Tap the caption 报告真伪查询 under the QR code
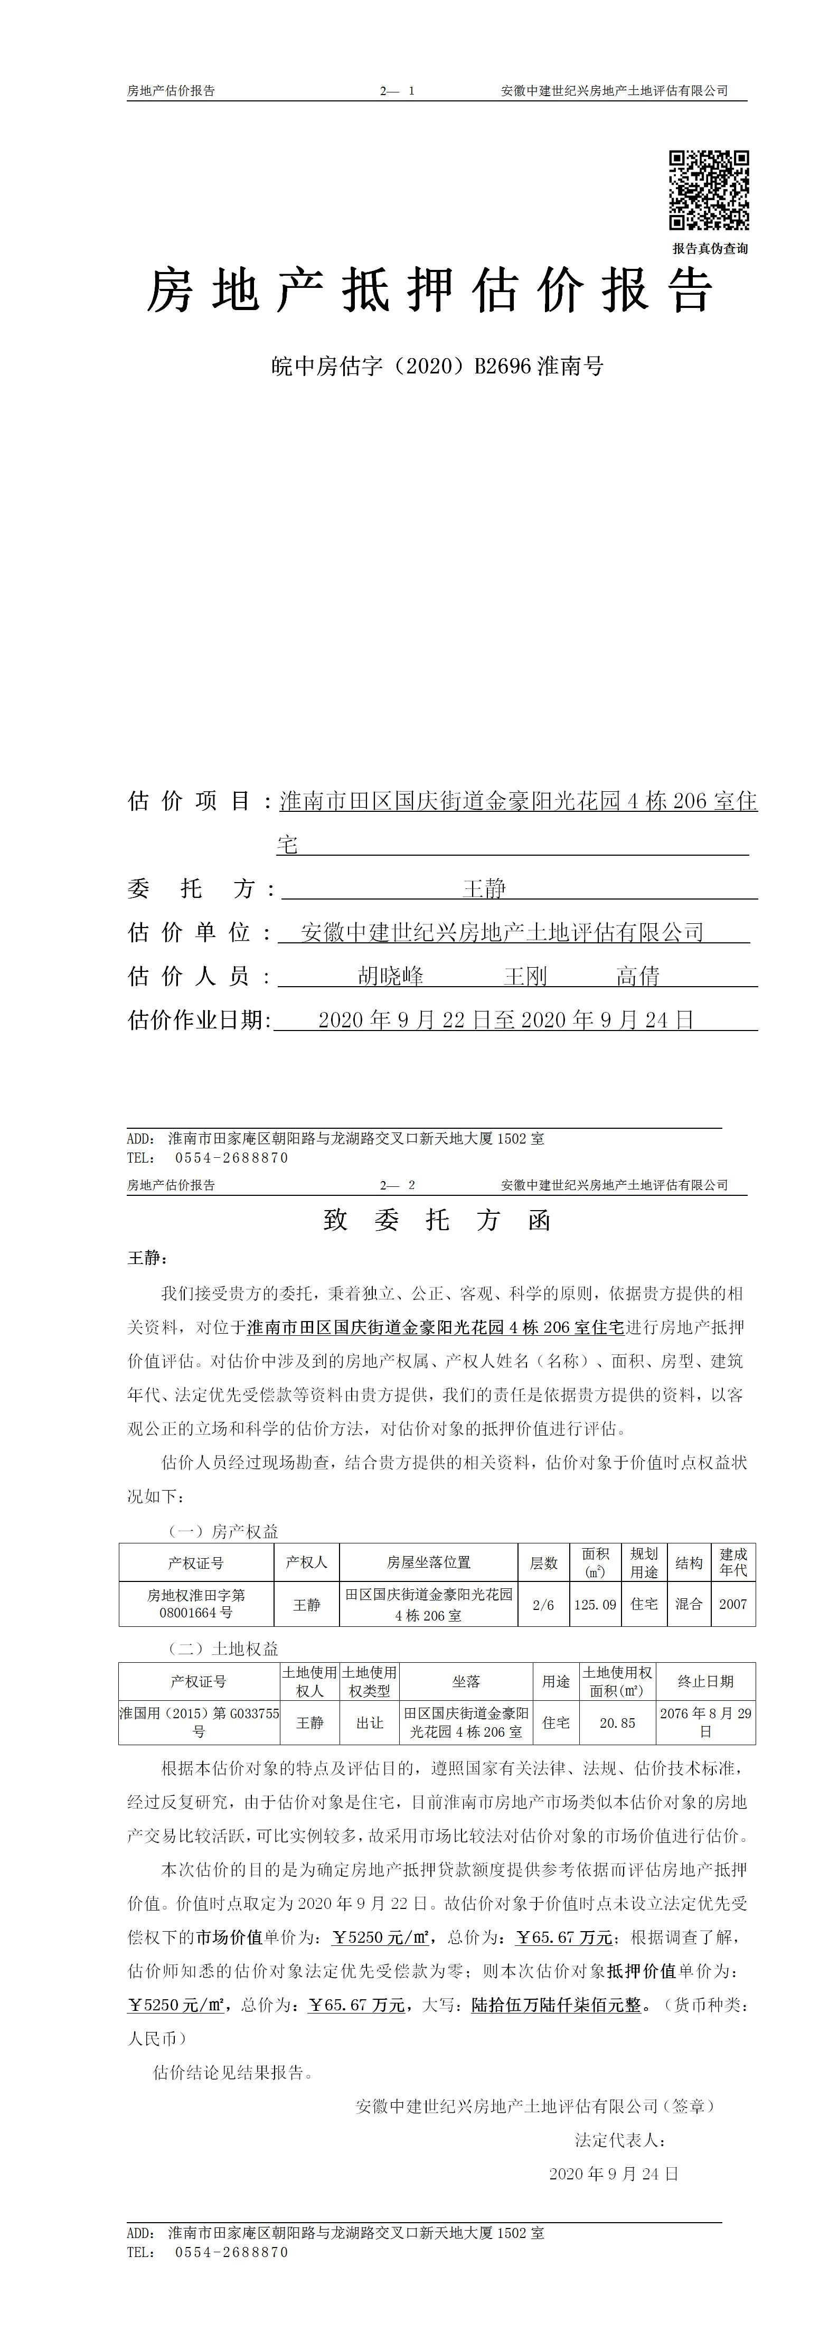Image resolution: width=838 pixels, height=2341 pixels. [x=710, y=248]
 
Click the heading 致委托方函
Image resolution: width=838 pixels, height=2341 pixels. [x=437, y=1220]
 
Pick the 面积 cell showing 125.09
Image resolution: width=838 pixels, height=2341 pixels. [x=595, y=1605]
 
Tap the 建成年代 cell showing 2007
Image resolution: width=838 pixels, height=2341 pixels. [x=732, y=1605]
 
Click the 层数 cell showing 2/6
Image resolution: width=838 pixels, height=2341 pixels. [x=543, y=1605]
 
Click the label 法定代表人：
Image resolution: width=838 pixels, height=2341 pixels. [x=621, y=2140]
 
